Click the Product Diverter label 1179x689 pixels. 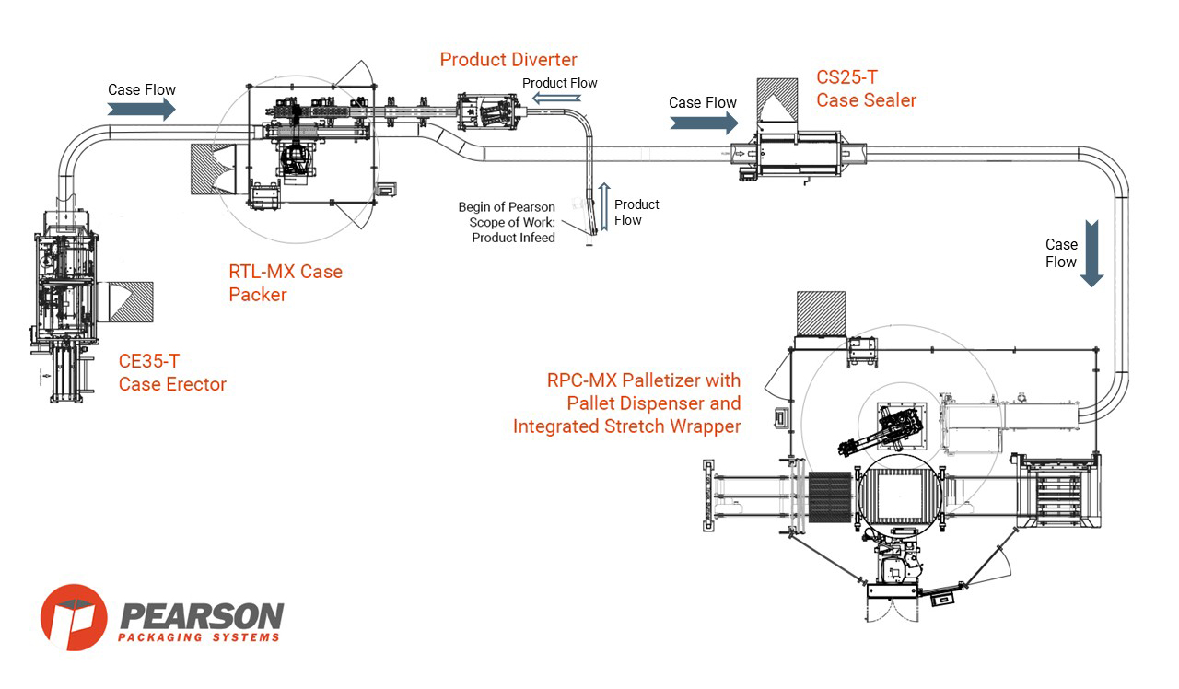point(508,60)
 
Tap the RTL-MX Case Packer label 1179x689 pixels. point(285,283)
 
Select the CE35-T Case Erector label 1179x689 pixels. point(172,373)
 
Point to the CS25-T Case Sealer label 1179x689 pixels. point(866,89)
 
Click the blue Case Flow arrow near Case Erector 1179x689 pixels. point(141,110)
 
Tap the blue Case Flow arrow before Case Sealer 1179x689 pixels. point(703,123)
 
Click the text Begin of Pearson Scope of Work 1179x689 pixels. point(507,222)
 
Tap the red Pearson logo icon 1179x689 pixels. point(74,617)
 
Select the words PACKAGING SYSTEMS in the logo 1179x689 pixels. point(200,637)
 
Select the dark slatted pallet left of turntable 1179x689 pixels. point(832,500)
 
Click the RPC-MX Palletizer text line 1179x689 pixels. point(644,380)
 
